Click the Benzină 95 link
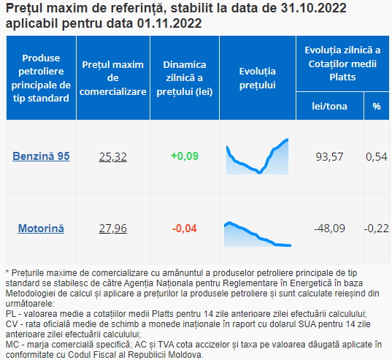coord(41,156)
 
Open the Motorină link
coord(41,229)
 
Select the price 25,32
coord(112,157)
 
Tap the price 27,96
coord(112,229)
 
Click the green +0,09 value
coord(185,156)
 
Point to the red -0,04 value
coord(185,229)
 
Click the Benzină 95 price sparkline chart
coord(257,156)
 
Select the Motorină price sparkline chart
coord(258,234)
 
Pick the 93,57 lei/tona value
coord(329,157)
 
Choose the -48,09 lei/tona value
coord(329,229)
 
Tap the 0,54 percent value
coord(376,157)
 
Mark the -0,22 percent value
coord(376,229)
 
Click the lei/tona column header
coord(329,107)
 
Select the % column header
coord(377,107)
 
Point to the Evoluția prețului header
coord(258,78)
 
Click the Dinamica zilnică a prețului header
coord(185,78)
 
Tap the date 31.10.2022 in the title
coord(314,8)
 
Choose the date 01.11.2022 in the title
coord(169,23)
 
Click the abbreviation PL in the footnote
coord(10,314)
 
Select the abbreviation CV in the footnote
coord(11,324)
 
